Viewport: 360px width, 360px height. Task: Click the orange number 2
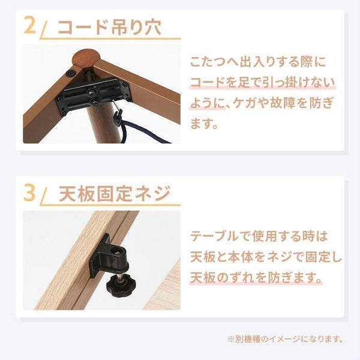[x=30, y=25]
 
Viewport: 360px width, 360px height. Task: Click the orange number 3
[x=29, y=192]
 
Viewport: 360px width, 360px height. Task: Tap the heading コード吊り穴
[x=110, y=27]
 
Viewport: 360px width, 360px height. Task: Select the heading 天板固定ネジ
[x=115, y=193]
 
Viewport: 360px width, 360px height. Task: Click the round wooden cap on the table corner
[x=86, y=59]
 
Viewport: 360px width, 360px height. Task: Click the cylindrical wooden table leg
[x=104, y=124]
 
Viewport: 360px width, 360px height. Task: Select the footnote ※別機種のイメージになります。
[x=286, y=339]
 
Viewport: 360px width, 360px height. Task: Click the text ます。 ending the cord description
[x=204, y=124]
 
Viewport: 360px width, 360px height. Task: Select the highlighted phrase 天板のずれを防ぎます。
[x=256, y=278]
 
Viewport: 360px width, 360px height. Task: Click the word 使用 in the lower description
[x=265, y=236]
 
